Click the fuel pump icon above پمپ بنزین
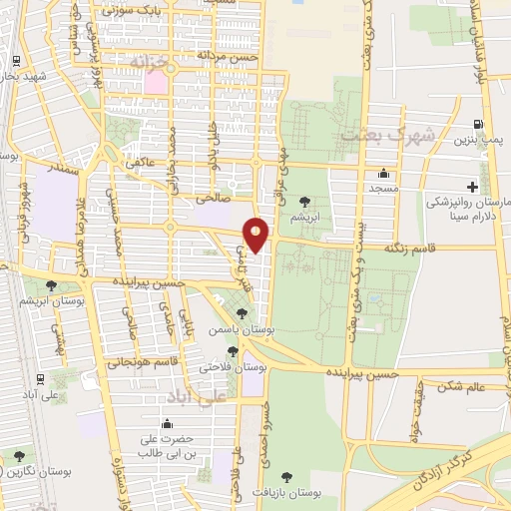click(x=481, y=125)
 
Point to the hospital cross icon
click(x=472, y=186)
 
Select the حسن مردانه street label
click(x=229, y=57)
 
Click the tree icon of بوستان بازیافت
click(x=287, y=477)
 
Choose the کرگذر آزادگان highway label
click(x=453, y=480)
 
